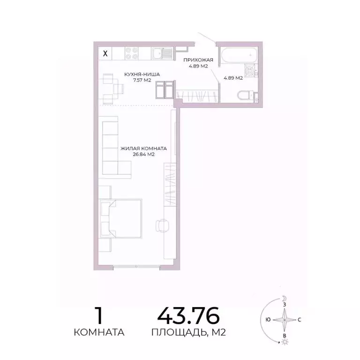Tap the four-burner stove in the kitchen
click(131, 53)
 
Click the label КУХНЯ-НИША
click(142, 74)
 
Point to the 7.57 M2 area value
click(142, 80)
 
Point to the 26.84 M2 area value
click(143, 154)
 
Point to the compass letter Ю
click(267, 320)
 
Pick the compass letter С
click(300, 320)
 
